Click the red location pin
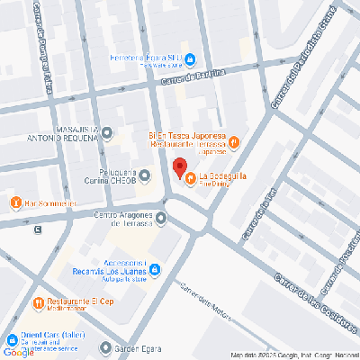pyautogui.click(x=179, y=168)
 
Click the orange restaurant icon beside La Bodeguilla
pyautogui.click(x=190, y=176)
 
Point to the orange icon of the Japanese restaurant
pyautogui.click(x=233, y=140)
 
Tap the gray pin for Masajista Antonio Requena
pyautogui.click(x=107, y=133)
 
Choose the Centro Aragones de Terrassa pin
pyautogui.click(x=161, y=217)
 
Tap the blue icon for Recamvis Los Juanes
pyautogui.click(x=155, y=268)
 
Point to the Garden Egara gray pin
pyautogui.click(x=106, y=347)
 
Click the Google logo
pyautogui.click(x=18, y=352)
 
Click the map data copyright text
pyautogui.click(x=293, y=355)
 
